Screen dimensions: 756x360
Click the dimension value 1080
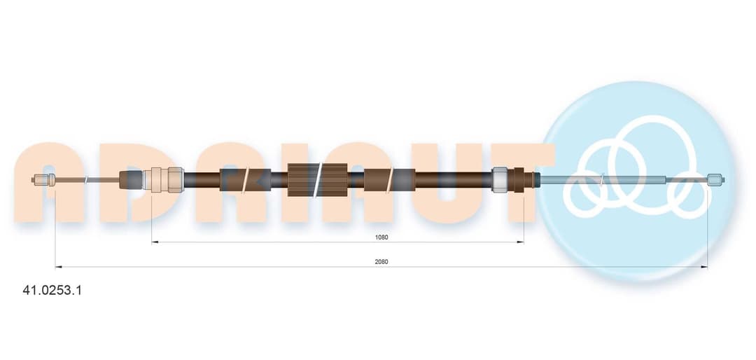381,237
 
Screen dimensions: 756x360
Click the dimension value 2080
381,261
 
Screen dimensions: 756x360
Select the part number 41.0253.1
52,291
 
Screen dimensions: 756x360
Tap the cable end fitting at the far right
716,180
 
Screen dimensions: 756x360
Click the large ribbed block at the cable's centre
318,179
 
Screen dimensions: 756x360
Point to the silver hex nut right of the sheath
500,179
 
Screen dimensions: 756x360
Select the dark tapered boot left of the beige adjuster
131,179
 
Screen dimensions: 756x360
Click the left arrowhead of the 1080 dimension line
154,242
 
